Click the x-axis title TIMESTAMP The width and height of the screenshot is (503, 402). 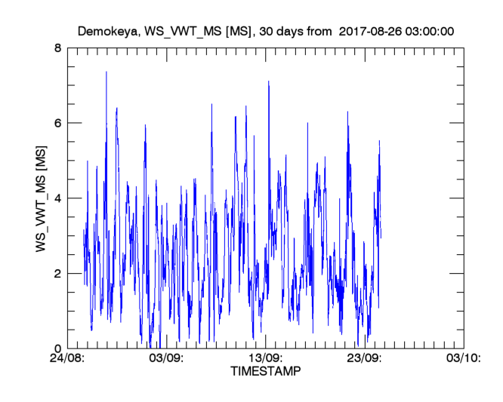coord(264,372)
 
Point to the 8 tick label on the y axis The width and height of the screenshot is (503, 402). coord(57,48)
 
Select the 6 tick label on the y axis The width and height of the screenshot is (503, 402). coord(57,123)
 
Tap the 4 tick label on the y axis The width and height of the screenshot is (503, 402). coord(57,198)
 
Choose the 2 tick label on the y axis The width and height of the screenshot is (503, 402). coord(57,273)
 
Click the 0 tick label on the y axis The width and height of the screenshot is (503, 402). coord(57,348)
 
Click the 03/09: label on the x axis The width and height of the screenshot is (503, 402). coord(166,359)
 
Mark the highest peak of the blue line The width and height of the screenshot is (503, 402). coord(106,72)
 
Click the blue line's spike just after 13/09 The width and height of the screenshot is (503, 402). coord(268,82)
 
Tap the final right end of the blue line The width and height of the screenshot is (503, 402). coord(381,237)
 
